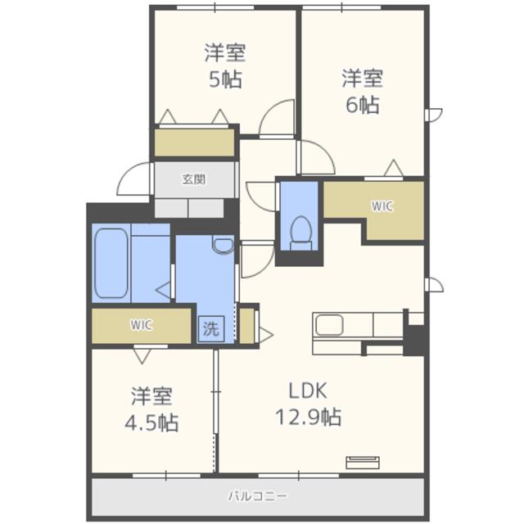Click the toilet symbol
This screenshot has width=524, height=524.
click(x=301, y=233)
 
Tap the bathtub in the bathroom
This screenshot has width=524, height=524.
click(x=111, y=263)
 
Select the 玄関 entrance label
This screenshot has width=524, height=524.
click(x=194, y=179)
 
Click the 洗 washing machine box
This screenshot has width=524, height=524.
click(x=211, y=329)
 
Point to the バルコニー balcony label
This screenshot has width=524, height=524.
click(x=258, y=496)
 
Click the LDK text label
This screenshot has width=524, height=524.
click(x=308, y=391)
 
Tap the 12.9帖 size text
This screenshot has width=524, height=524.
click(x=308, y=417)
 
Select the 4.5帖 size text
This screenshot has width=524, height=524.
click(x=151, y=422)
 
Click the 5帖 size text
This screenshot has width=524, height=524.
click(x=225, y=79)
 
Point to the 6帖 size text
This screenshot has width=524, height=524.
click(x=362, y=105)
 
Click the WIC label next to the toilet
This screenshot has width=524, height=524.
click(x=382, y=206)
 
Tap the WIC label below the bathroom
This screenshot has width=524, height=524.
click(x=142, y=325)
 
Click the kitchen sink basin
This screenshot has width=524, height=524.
click(x=329, y=324)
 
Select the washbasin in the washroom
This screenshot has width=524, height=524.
click(x=224, y=245)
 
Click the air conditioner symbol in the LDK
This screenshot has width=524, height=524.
click(x=363, y=463)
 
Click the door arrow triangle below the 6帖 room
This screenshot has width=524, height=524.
click(x=394, y=168)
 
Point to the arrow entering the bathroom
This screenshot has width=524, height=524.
click(x=164, y=291)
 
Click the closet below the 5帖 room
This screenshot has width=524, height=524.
click(x=194, y=142)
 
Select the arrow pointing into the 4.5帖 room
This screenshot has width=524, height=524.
click(x=142, y=356)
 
